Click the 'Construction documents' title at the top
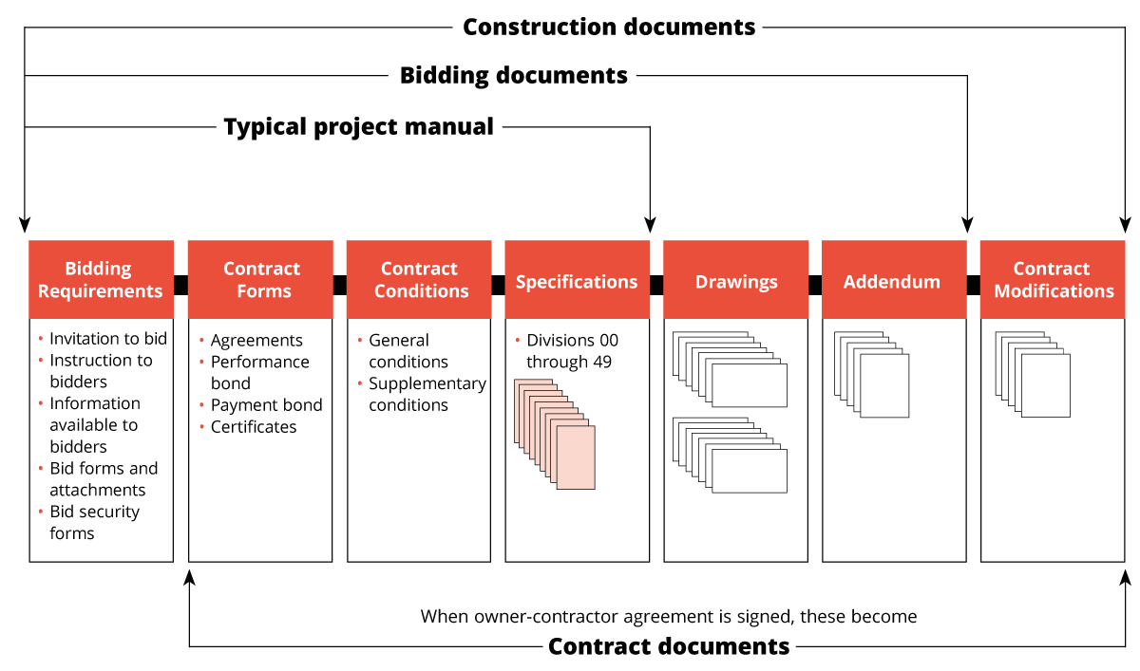(609, 27)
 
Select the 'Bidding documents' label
(513, 76)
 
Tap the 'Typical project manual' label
(358, 126)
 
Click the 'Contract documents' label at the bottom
(669, 646)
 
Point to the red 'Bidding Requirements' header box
(101, 280)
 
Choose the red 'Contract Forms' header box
(260, 280)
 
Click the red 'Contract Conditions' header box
(419, 280)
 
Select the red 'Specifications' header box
(577, 281)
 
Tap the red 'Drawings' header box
(735, 281)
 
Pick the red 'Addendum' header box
(893, 281)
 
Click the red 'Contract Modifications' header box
(1053, 280)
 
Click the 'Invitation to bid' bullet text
(108, 339)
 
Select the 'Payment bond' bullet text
(266, 405)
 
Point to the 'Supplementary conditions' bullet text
(427, 394)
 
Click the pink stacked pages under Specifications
(556, 434)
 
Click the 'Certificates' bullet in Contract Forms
(254, 427)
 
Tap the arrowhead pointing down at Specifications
(650, 225)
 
